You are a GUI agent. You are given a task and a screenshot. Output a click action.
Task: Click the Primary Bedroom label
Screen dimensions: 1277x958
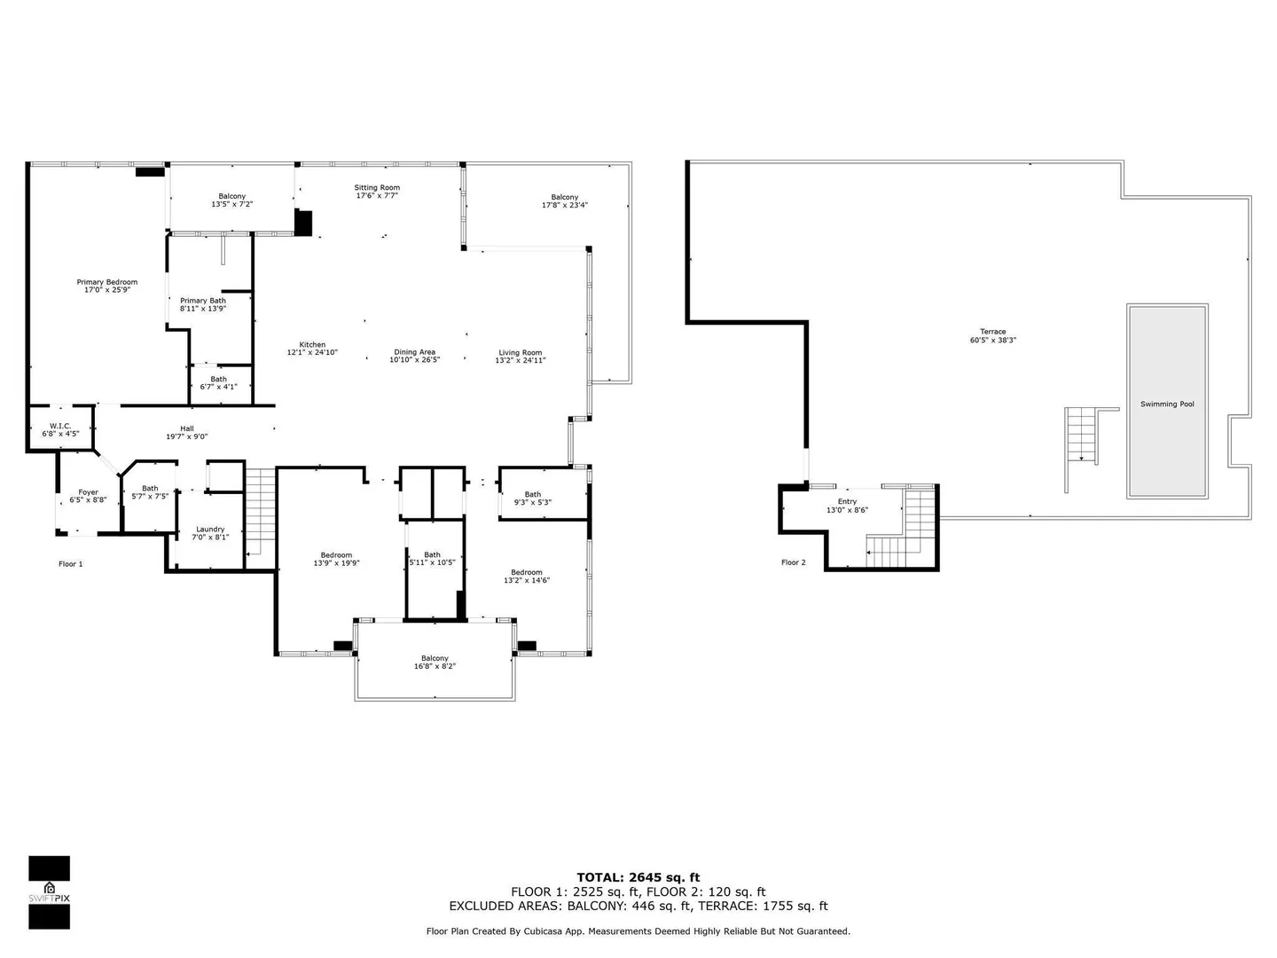tap(107, 282)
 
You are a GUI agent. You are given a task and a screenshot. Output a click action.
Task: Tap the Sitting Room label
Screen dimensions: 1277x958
tap(377, 187)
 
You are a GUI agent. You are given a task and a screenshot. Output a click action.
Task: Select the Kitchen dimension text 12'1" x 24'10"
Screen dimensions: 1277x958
tap(312, 352)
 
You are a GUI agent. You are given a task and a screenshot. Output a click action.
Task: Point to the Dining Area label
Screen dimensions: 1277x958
tap(414, 352)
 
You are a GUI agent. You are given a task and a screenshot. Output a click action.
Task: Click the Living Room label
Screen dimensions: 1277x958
tap(520, 352)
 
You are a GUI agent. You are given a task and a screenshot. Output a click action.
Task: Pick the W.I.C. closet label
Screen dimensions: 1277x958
tap(60, 426)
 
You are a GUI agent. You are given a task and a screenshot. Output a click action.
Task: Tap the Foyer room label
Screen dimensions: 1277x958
tap(89, 492)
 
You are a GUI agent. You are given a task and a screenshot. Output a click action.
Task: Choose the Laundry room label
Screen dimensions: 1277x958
tap(210, 530)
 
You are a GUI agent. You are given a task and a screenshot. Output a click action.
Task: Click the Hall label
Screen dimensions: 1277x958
tap(187, 428)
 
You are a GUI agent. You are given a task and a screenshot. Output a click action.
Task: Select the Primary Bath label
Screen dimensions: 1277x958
tap(203, 301)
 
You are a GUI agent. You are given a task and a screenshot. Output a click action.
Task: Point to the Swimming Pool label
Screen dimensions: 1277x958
tap(1167, 404)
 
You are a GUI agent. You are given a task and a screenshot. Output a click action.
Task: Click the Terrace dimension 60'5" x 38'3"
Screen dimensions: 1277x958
tap(992, 341)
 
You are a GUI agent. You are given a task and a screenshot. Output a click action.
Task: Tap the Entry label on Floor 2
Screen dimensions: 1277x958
tap(847, 501)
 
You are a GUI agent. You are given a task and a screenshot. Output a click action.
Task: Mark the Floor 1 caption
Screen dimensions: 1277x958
tap(70, 563)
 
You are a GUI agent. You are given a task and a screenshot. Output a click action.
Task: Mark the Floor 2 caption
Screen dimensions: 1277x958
tap(794, 562)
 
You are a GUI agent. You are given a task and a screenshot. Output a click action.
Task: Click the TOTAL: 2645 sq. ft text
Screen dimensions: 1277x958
tap(638, 877)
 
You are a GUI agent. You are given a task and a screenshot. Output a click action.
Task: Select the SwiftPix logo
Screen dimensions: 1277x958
tap(50, 892)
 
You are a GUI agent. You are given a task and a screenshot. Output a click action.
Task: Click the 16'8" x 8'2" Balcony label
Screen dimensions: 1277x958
tap(435, 662)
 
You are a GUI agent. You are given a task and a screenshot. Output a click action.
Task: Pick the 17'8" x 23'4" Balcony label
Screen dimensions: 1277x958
tap(564, 200)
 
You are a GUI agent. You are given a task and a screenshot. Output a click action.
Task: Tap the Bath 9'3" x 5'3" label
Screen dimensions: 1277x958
tap(532, 498)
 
